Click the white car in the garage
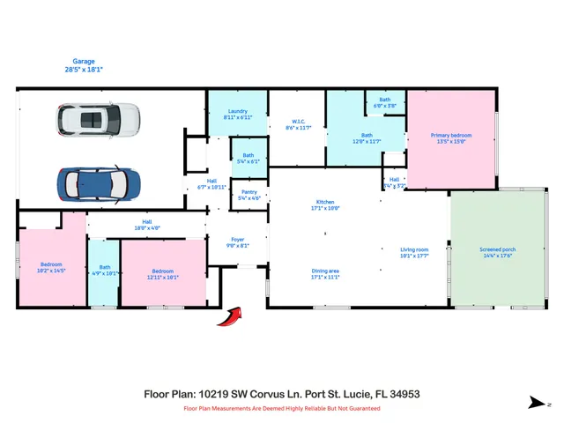point(99,120)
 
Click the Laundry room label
point(237,114)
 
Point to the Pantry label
point(249,194)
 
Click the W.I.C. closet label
point(300,124)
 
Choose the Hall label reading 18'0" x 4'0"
point(146,225)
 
